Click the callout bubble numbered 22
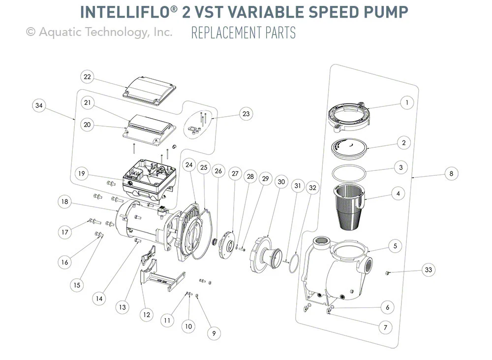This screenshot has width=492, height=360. pyautogui.click(x=87, y=77)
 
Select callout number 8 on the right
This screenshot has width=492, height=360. pyautogui.click(x=451, y=173)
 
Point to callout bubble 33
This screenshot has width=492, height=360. pyautogui.click(x=430, y=270)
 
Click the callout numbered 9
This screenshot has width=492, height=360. pyautogui.click(x=214, y=333)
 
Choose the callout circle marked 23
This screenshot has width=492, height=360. pyautogui.click(x=246, y=114)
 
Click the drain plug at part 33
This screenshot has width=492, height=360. pyautogui.click(x=388, y=272)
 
